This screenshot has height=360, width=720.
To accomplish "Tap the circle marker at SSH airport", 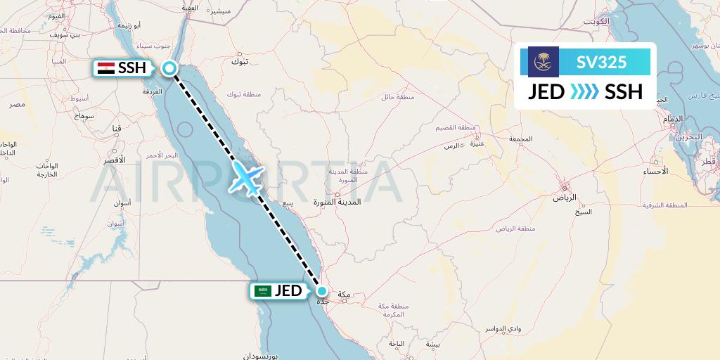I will (169, 68).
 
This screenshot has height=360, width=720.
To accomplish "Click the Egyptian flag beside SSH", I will (106, 68).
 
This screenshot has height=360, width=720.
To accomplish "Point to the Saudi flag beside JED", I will (264, 291).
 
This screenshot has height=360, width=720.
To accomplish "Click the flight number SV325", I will (601, 63).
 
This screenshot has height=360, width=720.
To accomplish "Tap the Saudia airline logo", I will (543, 62).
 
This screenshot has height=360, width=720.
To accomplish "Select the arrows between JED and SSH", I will (584, 92).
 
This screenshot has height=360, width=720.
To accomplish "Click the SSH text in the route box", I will (623, 92).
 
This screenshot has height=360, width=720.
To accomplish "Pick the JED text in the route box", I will (546, 92).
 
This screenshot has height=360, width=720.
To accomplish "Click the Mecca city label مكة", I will (344, 294).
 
